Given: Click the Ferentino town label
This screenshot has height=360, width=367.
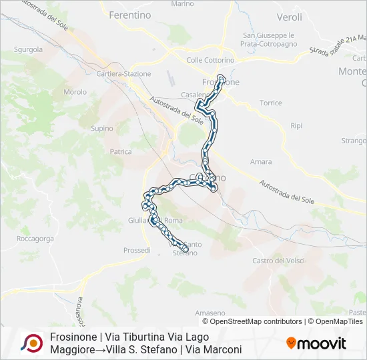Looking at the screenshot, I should (x=129, y=15).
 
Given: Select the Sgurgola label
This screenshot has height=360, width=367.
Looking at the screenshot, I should (x=27, y=49).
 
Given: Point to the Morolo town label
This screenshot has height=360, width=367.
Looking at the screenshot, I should (x=75, y=92).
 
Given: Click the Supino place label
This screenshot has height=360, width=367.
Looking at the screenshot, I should (x=102, y=128).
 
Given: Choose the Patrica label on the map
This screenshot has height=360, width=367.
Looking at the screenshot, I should (x=121, y=152).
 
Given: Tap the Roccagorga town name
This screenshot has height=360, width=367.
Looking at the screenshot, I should (x=35, y=237).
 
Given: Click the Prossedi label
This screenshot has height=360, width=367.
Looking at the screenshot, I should (x=137, y=250).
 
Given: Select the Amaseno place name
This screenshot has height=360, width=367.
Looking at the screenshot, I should (x=210, y=313).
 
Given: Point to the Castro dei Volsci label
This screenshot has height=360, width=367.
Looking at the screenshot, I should (x=280, y=260).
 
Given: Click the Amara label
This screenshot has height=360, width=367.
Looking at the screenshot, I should (x=261, y=162).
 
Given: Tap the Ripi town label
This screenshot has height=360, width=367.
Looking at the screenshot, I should (x=297, y=126).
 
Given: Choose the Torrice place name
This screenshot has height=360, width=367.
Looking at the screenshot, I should (x=270, y=103).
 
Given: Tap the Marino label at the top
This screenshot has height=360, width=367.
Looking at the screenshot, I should (x=182, y=4).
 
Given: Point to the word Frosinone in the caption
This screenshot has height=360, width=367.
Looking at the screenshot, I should (x=73, y=337).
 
